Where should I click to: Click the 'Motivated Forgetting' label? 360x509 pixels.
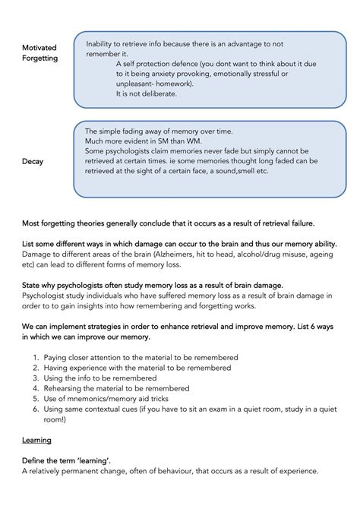coord(40,52)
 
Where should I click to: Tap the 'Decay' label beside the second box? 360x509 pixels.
coord(33,161)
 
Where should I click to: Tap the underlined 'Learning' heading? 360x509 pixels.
coord(36,440)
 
